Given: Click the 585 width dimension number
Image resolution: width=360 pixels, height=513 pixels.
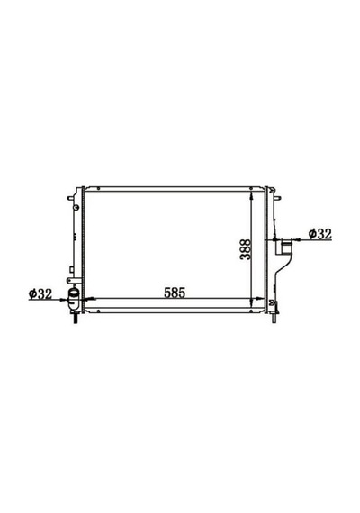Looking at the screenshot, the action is point(175,292).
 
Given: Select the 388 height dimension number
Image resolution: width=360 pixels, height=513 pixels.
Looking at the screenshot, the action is point(245,249).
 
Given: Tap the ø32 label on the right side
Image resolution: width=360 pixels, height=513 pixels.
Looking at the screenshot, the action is point(319,234).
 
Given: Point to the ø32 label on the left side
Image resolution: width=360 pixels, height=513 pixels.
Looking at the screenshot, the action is point(40,293).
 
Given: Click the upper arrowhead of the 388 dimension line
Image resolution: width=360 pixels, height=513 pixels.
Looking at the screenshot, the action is point(251,195).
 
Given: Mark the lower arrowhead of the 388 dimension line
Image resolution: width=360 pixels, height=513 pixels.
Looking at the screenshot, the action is point(251,302).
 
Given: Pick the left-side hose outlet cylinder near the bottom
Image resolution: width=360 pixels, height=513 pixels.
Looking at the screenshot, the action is point(73,297).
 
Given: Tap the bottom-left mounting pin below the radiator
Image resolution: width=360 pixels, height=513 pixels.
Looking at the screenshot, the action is point(76,318).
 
